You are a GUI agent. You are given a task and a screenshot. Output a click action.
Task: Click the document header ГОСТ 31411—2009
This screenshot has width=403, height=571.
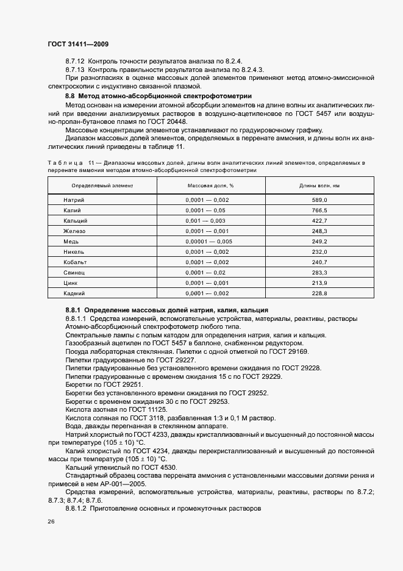coord(77,45)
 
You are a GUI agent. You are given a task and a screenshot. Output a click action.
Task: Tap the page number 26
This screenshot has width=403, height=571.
coord(51,522)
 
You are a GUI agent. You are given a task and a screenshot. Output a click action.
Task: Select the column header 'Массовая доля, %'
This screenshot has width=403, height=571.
coord(210,184)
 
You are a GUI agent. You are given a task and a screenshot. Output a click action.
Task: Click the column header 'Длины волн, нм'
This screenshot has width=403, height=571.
coord(319,184)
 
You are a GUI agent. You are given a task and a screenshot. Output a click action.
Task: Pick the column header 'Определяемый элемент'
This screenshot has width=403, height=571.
coord(102,184)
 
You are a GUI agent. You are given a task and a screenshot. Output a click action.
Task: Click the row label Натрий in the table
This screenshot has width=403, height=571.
coord(74,200)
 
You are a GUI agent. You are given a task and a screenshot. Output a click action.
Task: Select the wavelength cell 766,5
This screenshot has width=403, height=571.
coord(319,210)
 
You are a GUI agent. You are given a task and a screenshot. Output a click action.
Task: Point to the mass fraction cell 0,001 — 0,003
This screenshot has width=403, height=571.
coord(205,221)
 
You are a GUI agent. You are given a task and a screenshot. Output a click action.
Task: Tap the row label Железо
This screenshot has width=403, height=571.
coord(75,231)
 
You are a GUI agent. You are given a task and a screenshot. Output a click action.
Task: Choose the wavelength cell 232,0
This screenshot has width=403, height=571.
coord(319,252)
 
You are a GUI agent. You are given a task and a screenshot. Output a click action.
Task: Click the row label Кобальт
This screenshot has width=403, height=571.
coord(76,262)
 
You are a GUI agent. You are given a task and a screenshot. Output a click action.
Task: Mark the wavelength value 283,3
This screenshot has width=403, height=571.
coord(319,273)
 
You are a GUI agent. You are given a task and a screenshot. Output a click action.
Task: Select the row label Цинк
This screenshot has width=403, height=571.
coord(71,283)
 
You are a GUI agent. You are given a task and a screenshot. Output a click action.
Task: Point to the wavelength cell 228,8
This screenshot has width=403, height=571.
coord(319,293)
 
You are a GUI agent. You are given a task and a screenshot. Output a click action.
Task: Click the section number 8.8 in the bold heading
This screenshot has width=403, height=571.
coord(70,96)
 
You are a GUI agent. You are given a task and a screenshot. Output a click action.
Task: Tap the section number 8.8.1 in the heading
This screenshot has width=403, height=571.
coord(74,311)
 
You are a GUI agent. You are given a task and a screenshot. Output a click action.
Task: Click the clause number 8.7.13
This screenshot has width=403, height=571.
coord(76,70)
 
